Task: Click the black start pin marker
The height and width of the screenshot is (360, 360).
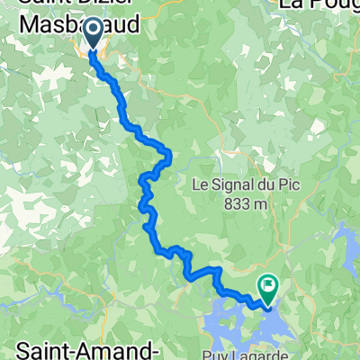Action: click(94, 36)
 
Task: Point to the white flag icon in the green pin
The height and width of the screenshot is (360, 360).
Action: click(268, 284)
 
